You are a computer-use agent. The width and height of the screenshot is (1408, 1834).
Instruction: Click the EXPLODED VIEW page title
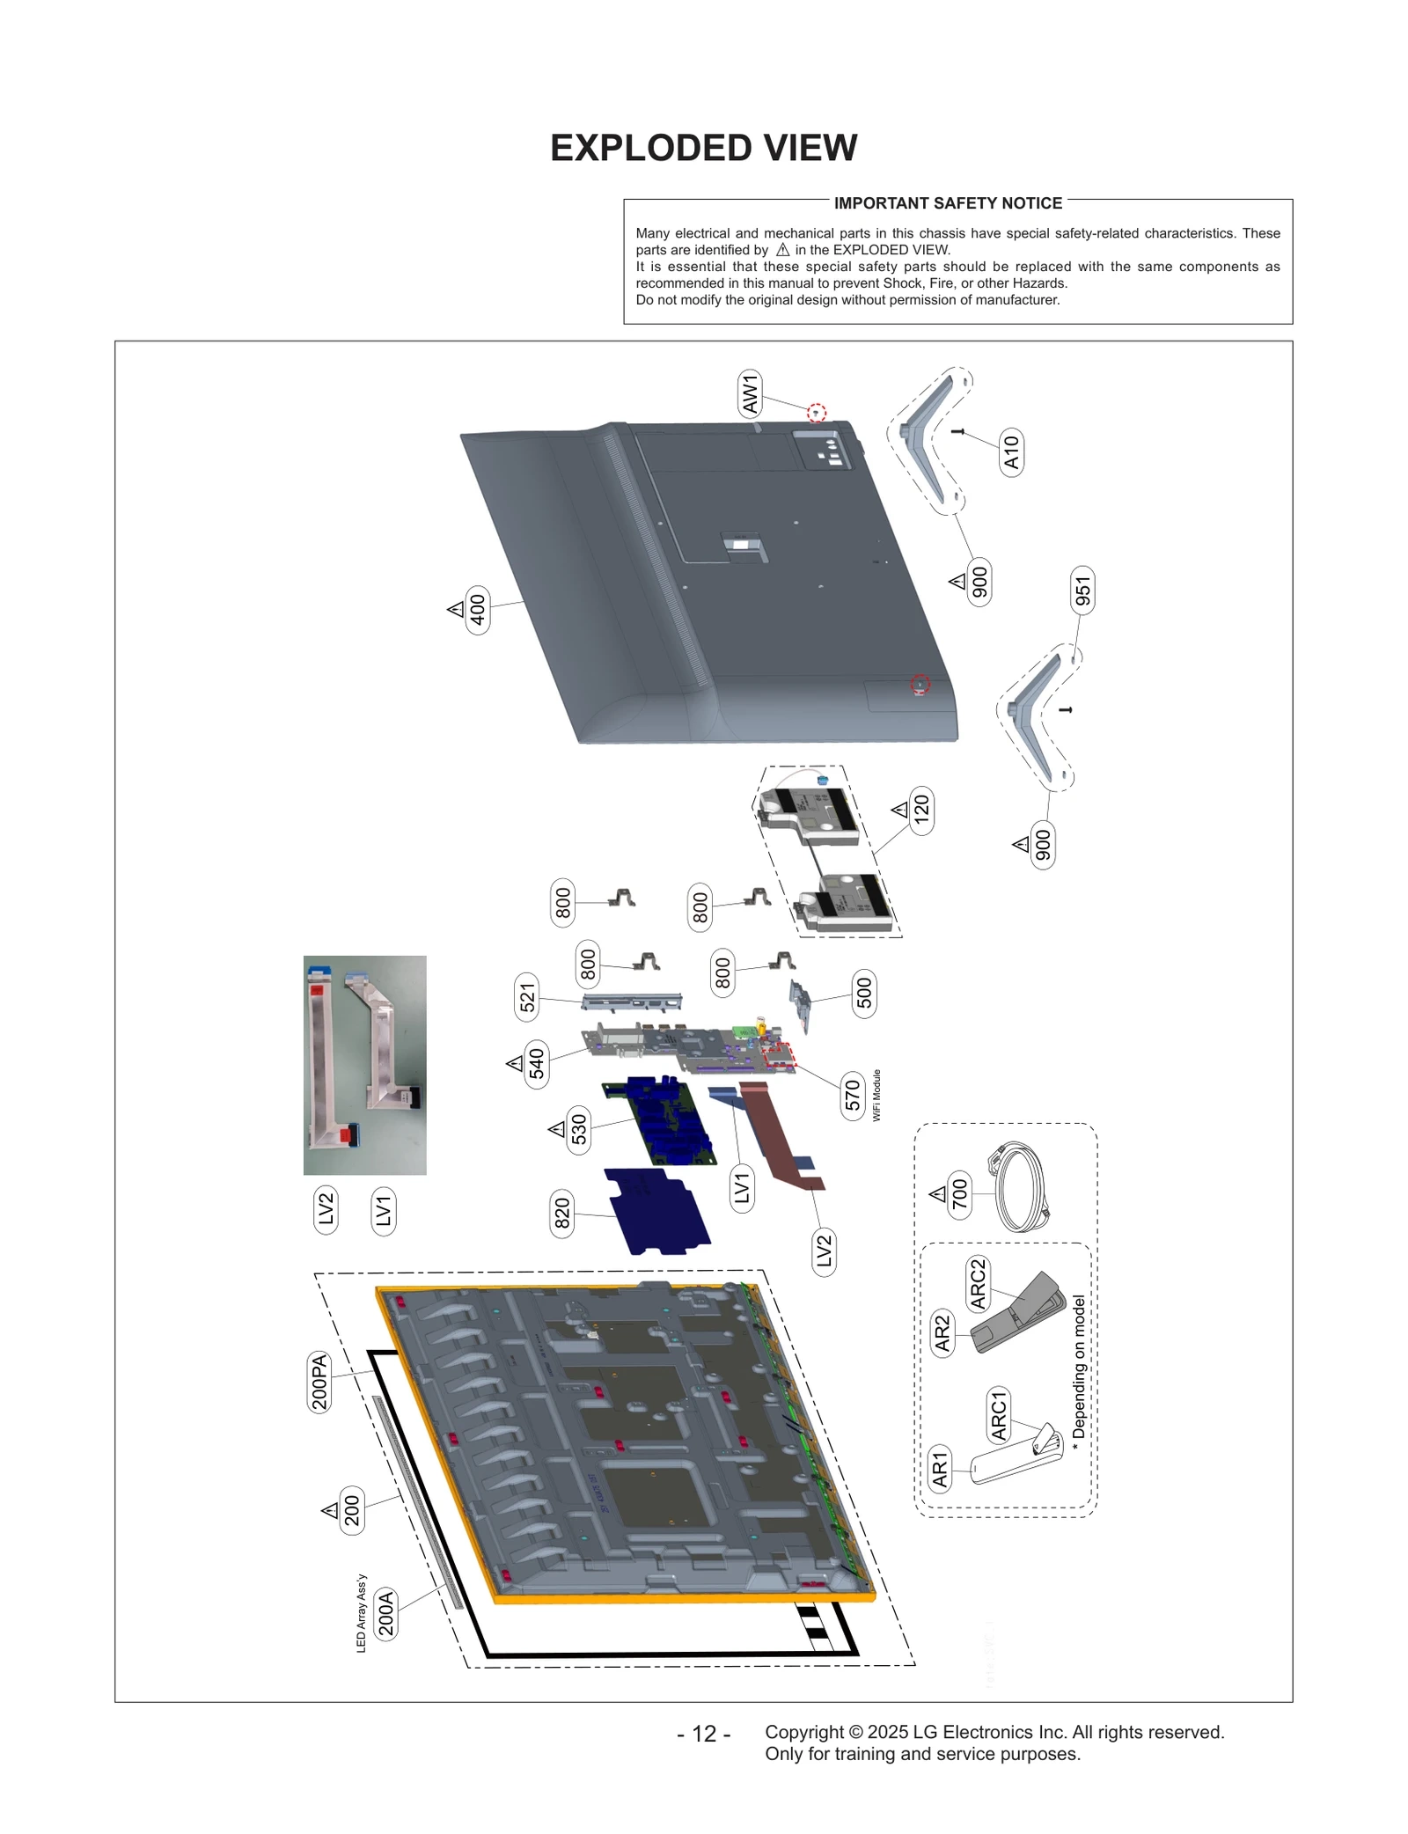click(703, 148)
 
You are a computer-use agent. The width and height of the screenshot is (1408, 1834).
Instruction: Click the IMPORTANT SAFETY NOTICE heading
click(948, 203)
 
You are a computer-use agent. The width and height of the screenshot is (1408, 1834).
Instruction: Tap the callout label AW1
click(749, 393)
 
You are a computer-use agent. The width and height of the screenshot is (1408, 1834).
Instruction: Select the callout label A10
click(1011, 452)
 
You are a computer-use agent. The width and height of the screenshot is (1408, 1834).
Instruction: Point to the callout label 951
click(1082, 591)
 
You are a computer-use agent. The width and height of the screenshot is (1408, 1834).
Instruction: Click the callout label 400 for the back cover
click(477, 609)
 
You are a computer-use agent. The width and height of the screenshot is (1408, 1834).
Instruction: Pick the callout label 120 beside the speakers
click(920, 810)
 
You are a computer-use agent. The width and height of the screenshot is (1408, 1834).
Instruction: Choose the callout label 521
click(526, 998)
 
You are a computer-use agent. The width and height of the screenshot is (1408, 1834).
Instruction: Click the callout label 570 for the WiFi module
click(852, 1096)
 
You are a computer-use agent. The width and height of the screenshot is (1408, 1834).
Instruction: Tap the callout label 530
click(578, 1129)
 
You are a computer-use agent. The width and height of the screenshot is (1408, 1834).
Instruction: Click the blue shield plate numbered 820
click(657, 1211)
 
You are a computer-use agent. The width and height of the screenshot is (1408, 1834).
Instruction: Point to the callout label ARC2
click(977, 1284)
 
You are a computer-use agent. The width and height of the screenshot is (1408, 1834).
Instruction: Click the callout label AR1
click(940, 1469)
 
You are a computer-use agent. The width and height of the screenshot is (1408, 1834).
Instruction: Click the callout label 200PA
click(319, 1383)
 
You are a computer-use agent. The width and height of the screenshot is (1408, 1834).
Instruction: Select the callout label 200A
click(385, 1613)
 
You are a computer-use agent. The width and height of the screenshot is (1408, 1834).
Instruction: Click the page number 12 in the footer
click(703, 1734)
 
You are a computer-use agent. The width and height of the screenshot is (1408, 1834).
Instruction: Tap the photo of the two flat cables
click(364, 1065)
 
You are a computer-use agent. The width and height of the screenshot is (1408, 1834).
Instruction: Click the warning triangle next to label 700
click(937, 1194)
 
